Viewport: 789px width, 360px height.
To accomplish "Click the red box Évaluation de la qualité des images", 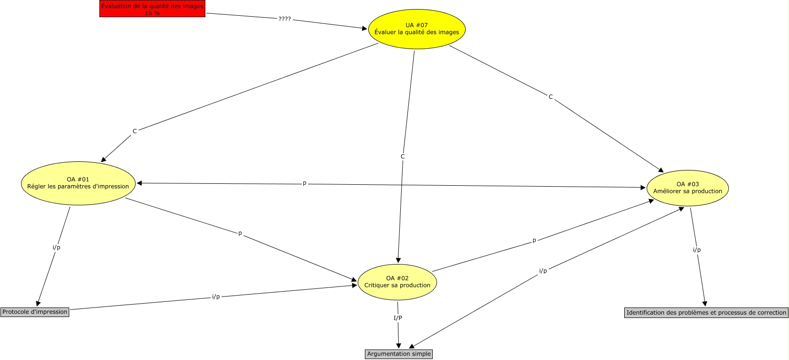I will pos(152,9).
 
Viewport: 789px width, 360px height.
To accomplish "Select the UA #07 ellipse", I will pos(417,29).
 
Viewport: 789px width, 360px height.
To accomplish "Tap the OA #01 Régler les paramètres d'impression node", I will pos(78,183).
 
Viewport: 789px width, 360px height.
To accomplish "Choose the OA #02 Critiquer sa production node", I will pos(397,282).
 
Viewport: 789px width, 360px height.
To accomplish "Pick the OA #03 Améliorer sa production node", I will pos(688,188).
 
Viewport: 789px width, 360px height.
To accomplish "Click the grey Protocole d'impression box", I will pos(35,312).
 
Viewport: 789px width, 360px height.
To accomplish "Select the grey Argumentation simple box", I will pos(399,354).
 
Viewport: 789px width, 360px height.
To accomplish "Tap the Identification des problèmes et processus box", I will pos(706,313).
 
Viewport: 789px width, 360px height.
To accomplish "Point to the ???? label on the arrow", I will pos(285,19).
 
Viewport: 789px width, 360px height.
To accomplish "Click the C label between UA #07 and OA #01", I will pos(135,131).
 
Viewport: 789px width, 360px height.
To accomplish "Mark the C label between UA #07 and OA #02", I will pos(403,157).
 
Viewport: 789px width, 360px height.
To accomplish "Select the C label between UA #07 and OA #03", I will pos(551,97).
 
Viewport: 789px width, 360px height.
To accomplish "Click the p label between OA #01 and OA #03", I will pos(305,183).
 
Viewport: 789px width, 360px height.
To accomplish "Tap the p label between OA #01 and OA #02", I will pos(240,233).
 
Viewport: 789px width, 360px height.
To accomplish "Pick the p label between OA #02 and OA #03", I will pos(534,241).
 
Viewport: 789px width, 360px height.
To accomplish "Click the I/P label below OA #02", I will pos(398,318).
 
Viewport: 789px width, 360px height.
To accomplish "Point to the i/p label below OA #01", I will pos(56,247).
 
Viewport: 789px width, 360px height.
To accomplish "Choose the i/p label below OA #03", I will pos(697,250).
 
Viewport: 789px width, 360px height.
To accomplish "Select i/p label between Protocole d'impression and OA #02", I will pos(216,296).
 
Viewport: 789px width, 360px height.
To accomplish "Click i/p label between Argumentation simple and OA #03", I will pos(543,271).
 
